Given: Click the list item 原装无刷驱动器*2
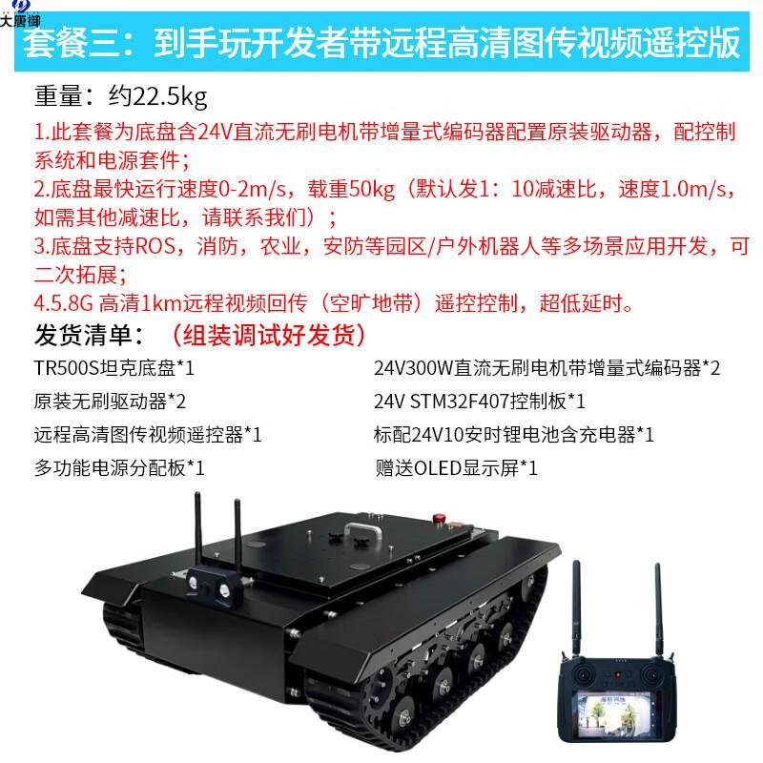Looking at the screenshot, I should [x=109, y=401].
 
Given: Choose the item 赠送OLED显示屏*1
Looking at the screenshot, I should [x=458, y=468].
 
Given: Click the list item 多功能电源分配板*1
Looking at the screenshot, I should [x=118, y=468].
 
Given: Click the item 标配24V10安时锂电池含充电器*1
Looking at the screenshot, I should [x=513, y=435].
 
